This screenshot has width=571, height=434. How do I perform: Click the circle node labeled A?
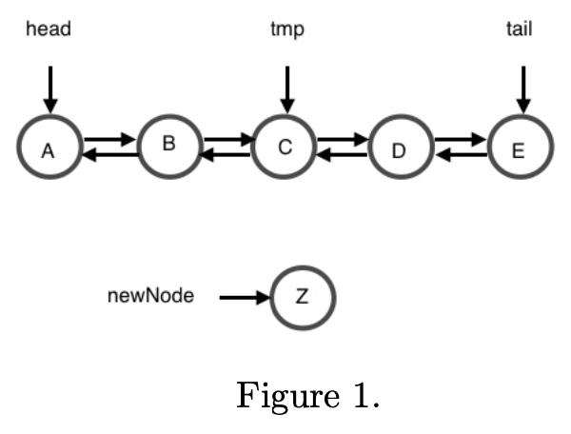pos(50,148)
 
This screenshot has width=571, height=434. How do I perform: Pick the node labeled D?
pos(400,148)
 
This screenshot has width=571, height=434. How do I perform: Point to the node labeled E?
pos(520,148)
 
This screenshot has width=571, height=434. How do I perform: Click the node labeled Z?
pos(303,297)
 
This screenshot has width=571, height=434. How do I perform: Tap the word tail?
pos(519,30)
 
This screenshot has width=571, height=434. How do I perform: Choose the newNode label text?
pos(150,296)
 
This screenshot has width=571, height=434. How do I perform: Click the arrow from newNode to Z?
pos(245,298)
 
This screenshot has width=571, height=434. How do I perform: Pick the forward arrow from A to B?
pos(109,141)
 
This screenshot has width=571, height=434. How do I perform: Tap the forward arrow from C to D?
pos(342,141)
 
